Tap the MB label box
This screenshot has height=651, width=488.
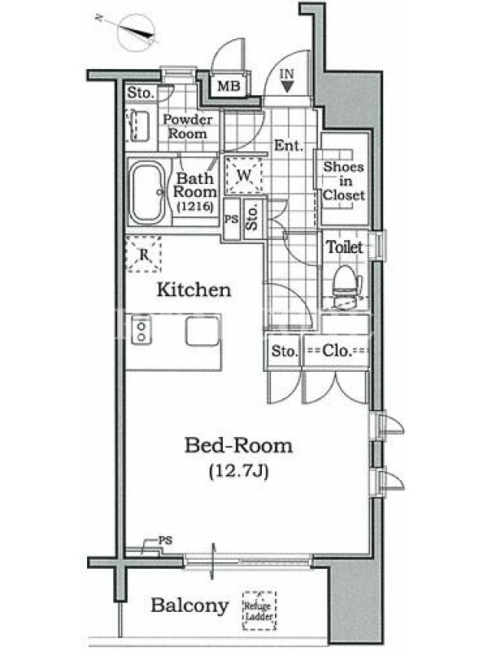[x=229, y=86]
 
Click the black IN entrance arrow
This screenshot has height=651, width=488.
[x=287, y=86]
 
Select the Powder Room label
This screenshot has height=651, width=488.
[x=188, y=126]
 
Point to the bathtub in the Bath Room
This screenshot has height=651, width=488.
[x=147, y=193]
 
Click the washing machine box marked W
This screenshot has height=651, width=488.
[x=244, y=175]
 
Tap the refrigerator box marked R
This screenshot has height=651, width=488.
[x=143, y=254]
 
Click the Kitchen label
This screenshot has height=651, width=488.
[x=194, y=290]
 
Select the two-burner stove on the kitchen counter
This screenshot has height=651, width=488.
[x=142, y=330]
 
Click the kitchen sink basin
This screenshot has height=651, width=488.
[x=202, y=330]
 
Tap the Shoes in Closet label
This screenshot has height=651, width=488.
[x=344, y=181]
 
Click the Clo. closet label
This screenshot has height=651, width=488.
[x=337, y=351]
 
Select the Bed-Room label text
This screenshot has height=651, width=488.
[x=238, y=445]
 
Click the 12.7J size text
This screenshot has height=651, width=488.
[x=238, y=471]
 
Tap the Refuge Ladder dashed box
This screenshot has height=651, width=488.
[x=259, y=610]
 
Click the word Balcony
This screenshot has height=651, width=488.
[x=190, y=605]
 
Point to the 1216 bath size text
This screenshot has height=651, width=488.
[x=195, y=207]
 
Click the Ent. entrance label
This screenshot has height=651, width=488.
[x=289, y=146]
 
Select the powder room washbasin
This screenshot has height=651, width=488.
[x=140, y=125]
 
